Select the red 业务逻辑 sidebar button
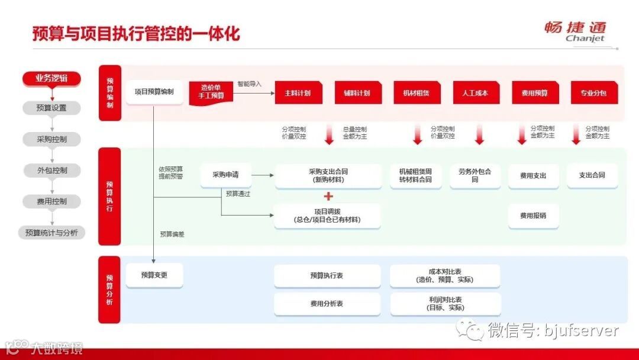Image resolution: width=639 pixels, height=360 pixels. [51, 78]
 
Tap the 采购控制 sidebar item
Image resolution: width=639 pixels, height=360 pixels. [51, 140]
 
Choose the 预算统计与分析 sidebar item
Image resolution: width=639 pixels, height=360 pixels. [51, 233]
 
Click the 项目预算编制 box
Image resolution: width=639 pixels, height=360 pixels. [154, 92]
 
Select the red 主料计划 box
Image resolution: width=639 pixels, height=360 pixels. [298, 93]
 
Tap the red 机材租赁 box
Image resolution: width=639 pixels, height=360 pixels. [417, 93]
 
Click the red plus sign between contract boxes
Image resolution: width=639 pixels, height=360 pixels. [328, 197]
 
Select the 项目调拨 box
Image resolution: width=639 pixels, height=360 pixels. [327, 216]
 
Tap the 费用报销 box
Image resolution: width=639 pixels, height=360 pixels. [533, 216]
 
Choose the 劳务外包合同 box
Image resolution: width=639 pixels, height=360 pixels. [475, 175]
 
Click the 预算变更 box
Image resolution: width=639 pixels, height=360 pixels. [154, 275]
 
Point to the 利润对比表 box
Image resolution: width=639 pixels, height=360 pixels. [445, 304]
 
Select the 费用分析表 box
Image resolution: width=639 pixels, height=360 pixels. [327, 304]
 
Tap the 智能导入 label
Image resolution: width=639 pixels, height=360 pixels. [249, 84]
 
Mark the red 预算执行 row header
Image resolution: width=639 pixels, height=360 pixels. [110, 197]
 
